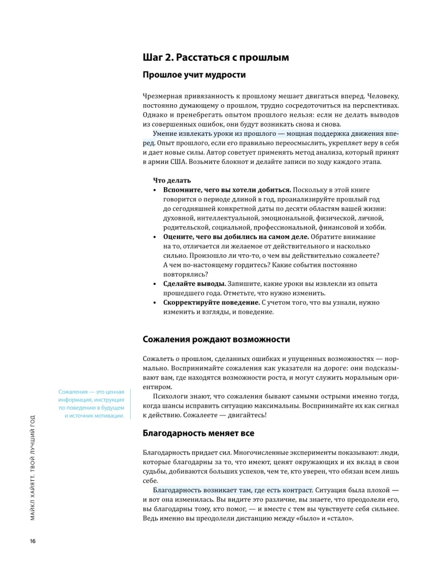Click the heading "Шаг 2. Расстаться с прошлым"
pyautogui.click(x=216, y=57)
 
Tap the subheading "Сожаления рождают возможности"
pyautogui.click(x=217, y=340)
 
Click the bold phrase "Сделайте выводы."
pyautogui.click(x=194, y=284)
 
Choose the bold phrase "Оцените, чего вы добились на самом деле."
pyautogui.click(x=236, y=237)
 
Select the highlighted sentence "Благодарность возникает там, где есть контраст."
pyautogui.click(x=233, y=490)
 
